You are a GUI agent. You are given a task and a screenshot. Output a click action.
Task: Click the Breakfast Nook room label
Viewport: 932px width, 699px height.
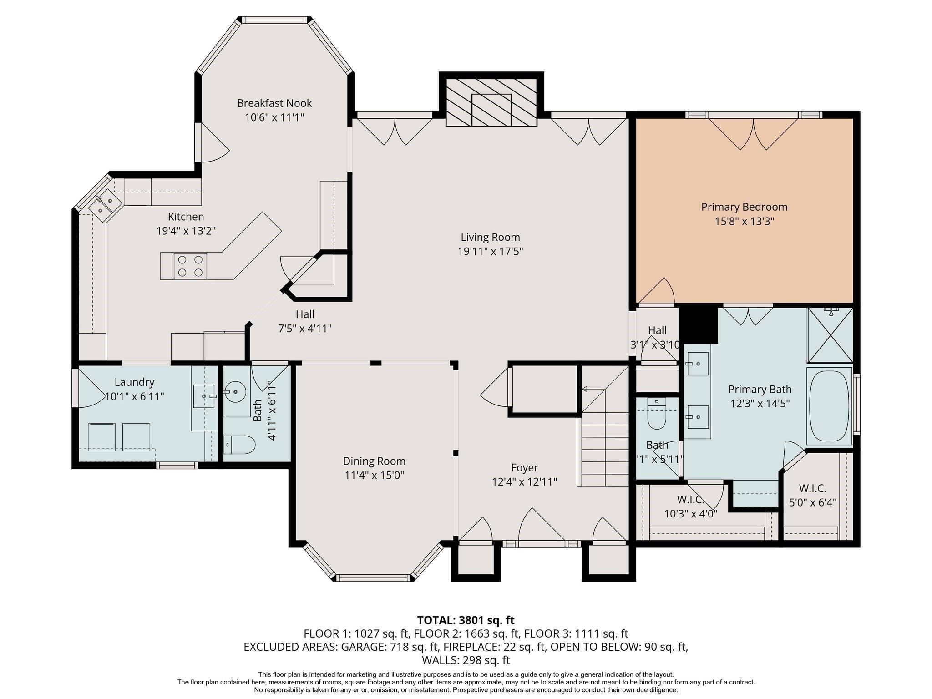(274, 103)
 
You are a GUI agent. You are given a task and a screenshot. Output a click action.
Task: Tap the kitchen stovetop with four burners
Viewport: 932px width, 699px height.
(190, 266)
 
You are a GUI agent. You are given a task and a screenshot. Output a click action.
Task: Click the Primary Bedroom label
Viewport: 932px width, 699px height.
(744, 207)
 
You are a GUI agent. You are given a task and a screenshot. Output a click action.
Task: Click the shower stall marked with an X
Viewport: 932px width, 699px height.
(830, 335)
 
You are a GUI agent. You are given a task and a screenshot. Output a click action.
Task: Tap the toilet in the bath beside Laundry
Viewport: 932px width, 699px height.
(239, 445)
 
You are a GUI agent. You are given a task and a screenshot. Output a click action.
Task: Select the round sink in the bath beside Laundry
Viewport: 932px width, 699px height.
(235, 391)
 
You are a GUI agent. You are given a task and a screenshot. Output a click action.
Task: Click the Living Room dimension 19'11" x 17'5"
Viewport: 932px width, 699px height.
(490, 251)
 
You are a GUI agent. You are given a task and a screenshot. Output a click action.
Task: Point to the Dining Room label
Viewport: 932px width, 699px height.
(374, 461)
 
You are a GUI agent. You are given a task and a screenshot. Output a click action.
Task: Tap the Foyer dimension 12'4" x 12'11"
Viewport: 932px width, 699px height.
(524, 482)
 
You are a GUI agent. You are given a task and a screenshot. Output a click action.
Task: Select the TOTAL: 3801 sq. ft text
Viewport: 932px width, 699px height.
(466, 620)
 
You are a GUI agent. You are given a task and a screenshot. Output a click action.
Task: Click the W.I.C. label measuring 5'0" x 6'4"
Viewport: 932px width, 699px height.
(812, 488)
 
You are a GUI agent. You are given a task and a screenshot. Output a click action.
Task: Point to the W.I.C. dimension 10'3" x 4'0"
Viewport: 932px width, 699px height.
(690, 514)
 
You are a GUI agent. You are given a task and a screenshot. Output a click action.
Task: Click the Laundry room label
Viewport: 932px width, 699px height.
(134, 382)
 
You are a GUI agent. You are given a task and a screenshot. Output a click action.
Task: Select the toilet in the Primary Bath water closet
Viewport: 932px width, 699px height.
(656, 414)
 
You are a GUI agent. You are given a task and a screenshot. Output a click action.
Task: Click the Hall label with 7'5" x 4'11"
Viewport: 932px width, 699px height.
(304, 314)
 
